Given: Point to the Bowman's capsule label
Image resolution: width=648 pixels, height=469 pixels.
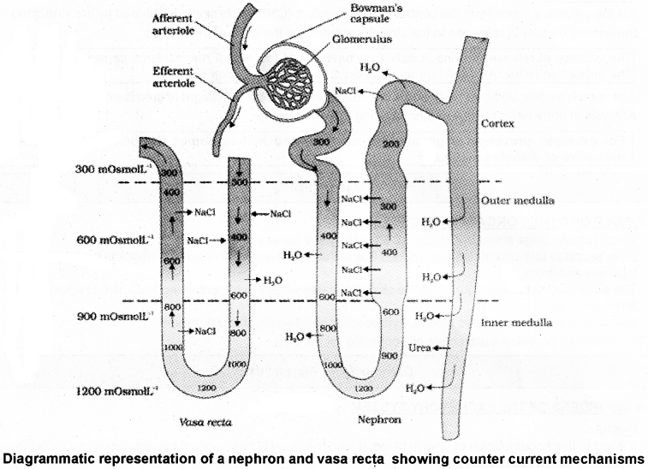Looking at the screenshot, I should tap(356, 12).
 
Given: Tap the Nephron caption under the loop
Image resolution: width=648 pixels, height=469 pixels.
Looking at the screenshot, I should tap(375, 420).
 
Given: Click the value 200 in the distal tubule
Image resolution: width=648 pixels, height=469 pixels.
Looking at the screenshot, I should tap(392, 145).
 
